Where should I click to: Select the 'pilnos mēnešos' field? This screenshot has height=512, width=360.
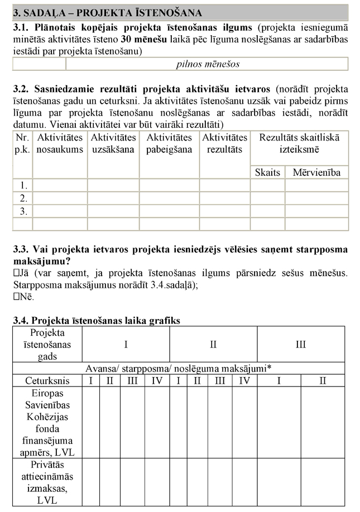coord(207,64)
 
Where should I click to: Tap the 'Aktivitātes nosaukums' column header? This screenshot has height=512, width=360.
coord(59,143)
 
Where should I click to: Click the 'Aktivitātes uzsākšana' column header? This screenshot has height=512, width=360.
coord(113,143)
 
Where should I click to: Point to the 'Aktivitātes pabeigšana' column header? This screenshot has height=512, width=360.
coord(169,143)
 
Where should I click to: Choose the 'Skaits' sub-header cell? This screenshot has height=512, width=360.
coord(267,172)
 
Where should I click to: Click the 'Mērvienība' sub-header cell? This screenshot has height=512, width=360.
coord(316,172)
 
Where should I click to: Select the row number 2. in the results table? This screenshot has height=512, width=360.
coord(23,198)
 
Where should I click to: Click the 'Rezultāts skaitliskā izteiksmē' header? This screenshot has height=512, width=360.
coord(299,143)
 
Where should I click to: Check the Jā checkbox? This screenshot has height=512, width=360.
coord(16,273)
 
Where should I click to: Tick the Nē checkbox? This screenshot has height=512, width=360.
coord(16,297)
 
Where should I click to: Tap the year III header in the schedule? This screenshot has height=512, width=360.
coord(301,344)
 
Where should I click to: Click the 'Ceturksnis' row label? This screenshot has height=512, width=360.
coord(47,380)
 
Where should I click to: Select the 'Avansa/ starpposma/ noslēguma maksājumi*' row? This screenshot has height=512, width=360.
coord(179,368)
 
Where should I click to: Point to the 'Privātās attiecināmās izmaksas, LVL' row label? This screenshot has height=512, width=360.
coord(47,482)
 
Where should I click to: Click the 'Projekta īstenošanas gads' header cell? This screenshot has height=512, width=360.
coord(47,344)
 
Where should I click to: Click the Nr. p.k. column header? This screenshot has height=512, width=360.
coord(22,143)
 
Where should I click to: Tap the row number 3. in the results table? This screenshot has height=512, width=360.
coord(23,211)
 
